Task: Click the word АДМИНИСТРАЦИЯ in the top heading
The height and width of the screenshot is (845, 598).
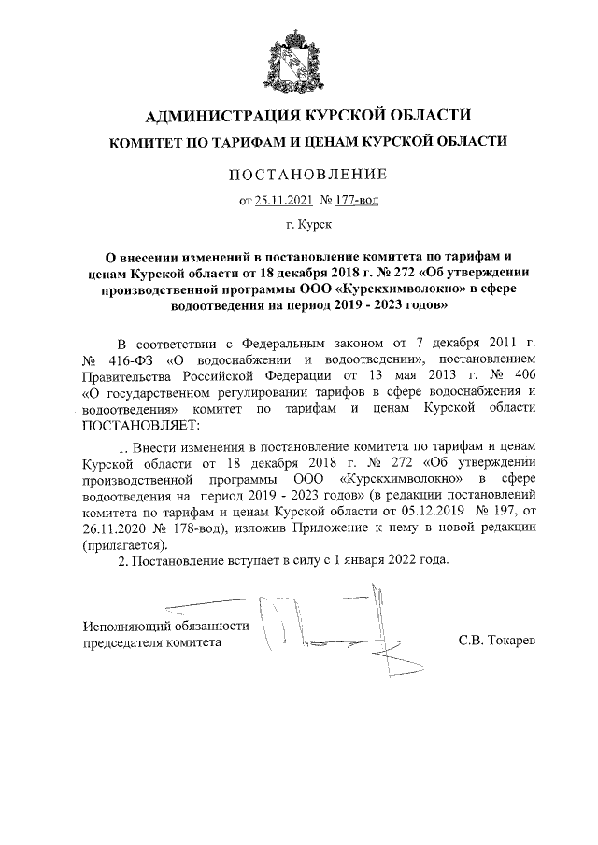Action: [x=219, y=116]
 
